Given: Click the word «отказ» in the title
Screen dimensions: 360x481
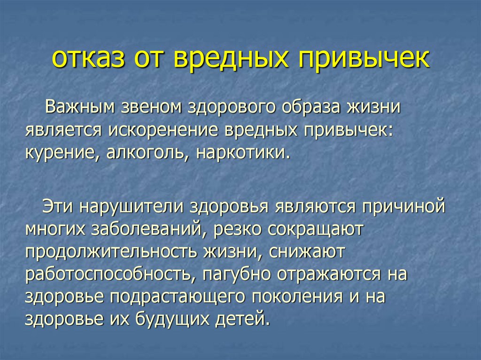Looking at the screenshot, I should (90, 60).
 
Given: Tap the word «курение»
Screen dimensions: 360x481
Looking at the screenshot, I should (61, 153).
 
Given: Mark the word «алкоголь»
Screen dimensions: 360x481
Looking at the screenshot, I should (144, 153).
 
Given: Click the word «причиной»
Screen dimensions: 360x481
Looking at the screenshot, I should (403, 207).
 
